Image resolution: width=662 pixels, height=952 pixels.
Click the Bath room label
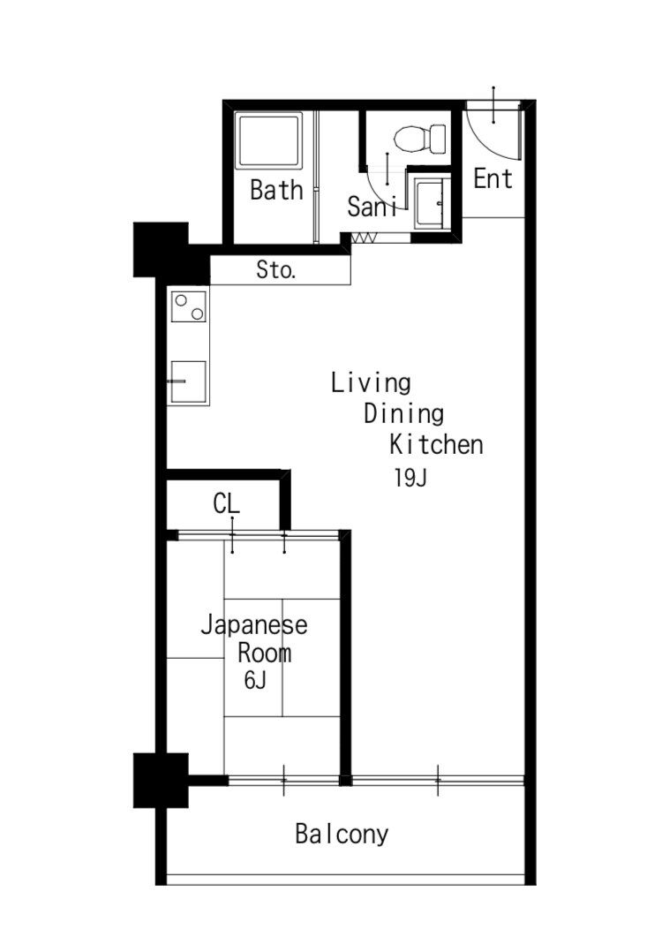(x=276, y=190)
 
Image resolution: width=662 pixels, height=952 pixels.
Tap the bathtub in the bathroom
(x=269, y=141)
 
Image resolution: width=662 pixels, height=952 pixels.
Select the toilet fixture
(x=420, y=139)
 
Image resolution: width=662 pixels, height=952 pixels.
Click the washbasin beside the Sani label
(x=433, y=203)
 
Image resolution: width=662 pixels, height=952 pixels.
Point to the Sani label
(x=372, y=207)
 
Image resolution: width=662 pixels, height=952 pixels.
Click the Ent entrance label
(x=493, y=178)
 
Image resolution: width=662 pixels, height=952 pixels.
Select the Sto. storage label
(x=276, y=269)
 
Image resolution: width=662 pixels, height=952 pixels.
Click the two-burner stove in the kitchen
(x=189, y=306)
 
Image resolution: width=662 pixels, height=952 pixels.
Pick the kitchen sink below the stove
(x=188, y=382)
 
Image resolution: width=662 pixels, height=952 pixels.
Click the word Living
(x=371, y=383)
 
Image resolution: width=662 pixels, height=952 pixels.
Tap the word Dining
(x=403, y=413)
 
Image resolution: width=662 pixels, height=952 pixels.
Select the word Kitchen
(x=436, y=444)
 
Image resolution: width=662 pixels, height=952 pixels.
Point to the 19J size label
(x=410, y=478)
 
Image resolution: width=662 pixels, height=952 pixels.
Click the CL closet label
(x=226, y=503)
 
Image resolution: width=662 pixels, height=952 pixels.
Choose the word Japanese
(x=254, y=625)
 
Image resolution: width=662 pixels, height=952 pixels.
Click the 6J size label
(x=255, y=681)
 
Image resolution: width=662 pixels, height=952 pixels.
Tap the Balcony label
(x=342, y=835)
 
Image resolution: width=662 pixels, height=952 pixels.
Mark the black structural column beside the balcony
(x=161, y=781)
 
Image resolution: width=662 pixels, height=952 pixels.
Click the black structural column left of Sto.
(x=161, y=250)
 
